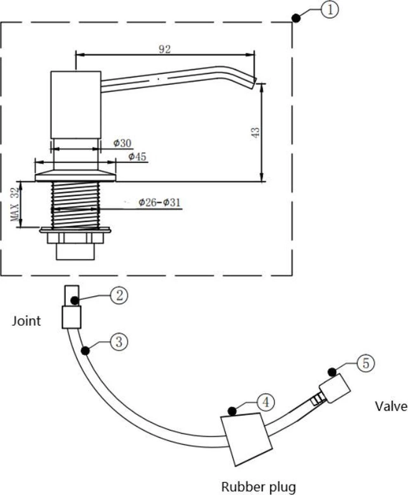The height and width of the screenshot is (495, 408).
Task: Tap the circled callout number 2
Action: point(119,296)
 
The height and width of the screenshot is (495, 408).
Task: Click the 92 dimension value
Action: point(164,49)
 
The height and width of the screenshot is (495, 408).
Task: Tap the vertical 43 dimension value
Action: point(256,132)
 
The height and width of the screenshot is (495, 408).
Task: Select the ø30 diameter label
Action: point(122,143)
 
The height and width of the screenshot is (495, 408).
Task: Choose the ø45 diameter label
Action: point(137,157)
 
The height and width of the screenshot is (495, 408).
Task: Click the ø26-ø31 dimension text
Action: point(159,202)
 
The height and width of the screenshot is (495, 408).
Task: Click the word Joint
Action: point(26,321)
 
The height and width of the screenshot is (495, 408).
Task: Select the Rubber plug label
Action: point(259,486)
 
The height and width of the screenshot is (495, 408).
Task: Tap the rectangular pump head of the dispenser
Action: point(75,104)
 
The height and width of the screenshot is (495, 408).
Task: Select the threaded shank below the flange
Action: point(75,205)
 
